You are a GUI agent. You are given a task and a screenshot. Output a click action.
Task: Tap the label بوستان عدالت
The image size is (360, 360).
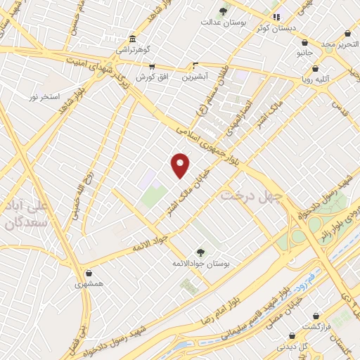click(x=224, y=22)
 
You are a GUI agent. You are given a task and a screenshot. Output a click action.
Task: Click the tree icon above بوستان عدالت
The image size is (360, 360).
click(x=224, y=11)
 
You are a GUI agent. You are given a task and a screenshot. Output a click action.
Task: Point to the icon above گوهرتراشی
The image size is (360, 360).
click(x=132, y=39)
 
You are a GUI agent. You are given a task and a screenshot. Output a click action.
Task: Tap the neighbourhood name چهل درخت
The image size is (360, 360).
click(x=252, y=194)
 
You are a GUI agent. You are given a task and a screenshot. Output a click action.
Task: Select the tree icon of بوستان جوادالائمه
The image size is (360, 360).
click(x=201, y=252)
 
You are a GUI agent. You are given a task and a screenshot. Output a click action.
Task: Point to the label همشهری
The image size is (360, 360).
click(x=89, y=285)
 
